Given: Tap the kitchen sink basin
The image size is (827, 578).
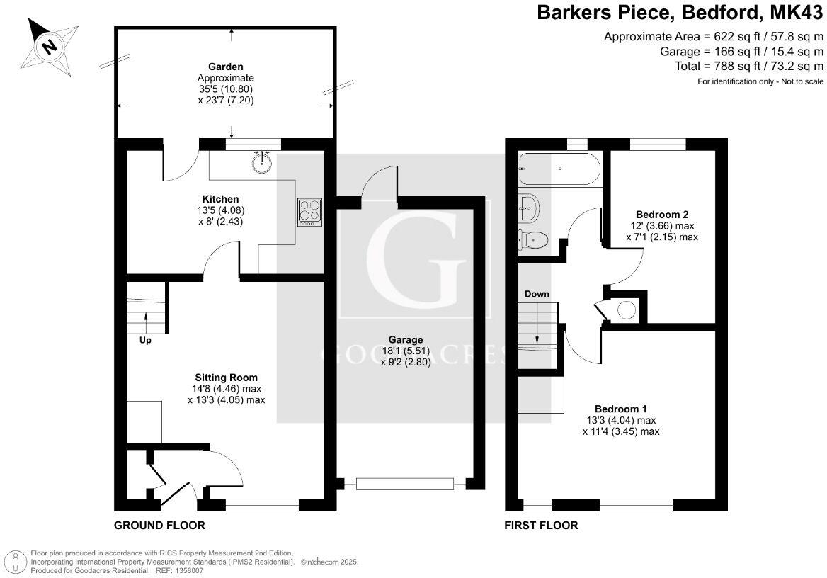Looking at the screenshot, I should [x=262, y=161].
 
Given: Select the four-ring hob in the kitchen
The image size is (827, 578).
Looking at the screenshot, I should [x=310, y=210].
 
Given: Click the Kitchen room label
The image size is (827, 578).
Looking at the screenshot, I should [x=220, y=199].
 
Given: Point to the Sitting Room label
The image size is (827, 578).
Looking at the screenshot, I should [x=227, y=378].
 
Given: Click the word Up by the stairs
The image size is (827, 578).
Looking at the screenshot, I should [x=145, y=340].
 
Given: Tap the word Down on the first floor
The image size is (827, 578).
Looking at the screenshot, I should [x=537, y=294].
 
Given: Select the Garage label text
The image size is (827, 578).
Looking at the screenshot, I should [x=406, y=340].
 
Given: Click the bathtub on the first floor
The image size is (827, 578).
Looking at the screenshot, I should [x=559, y=169].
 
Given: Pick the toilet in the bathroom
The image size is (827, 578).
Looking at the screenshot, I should [x=532, y=240].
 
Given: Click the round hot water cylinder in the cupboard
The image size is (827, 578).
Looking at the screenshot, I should [x=626, y=310].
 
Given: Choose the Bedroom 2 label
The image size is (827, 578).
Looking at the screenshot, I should [x=662, y=215].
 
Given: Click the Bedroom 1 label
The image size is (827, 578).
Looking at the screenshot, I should [x=621, y=409].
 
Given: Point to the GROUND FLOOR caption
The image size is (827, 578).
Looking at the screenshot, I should [x=160, y=526].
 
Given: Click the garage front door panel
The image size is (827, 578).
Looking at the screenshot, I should [x=405, y=484].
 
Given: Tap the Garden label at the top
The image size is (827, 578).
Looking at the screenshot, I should [x=227, y=67].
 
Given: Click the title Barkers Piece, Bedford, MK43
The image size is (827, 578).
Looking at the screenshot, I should [x=680, y=13].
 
